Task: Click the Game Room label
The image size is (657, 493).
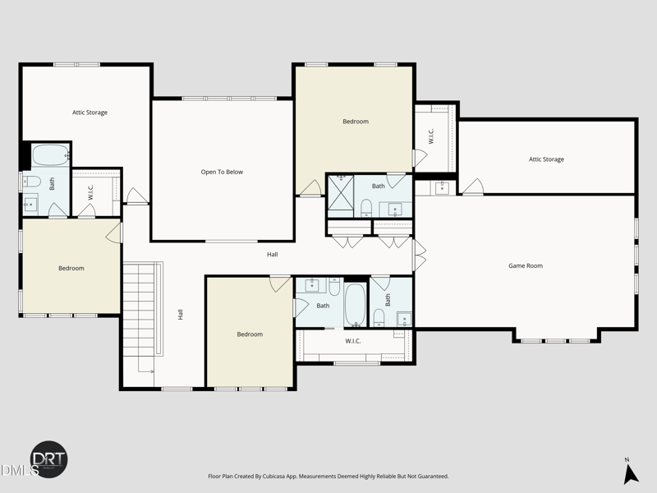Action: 525,265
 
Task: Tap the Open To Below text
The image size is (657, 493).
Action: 222,172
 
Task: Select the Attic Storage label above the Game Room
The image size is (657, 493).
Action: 546,159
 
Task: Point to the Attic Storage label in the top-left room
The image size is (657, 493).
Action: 90,113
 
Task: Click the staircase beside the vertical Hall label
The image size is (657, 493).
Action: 139,316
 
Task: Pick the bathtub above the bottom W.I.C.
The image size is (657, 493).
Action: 355,305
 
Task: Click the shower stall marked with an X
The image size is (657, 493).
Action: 340,196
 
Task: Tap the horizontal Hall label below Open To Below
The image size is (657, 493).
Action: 272,254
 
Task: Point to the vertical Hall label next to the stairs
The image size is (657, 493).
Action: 180,314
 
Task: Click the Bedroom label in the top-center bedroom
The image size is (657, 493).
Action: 355,122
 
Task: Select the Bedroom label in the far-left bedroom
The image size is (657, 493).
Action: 71,268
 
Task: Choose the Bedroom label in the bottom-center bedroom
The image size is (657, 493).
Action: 250,334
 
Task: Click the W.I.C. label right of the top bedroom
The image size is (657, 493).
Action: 430,136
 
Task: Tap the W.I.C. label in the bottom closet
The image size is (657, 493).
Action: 353,341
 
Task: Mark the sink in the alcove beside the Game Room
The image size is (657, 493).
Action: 442,187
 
